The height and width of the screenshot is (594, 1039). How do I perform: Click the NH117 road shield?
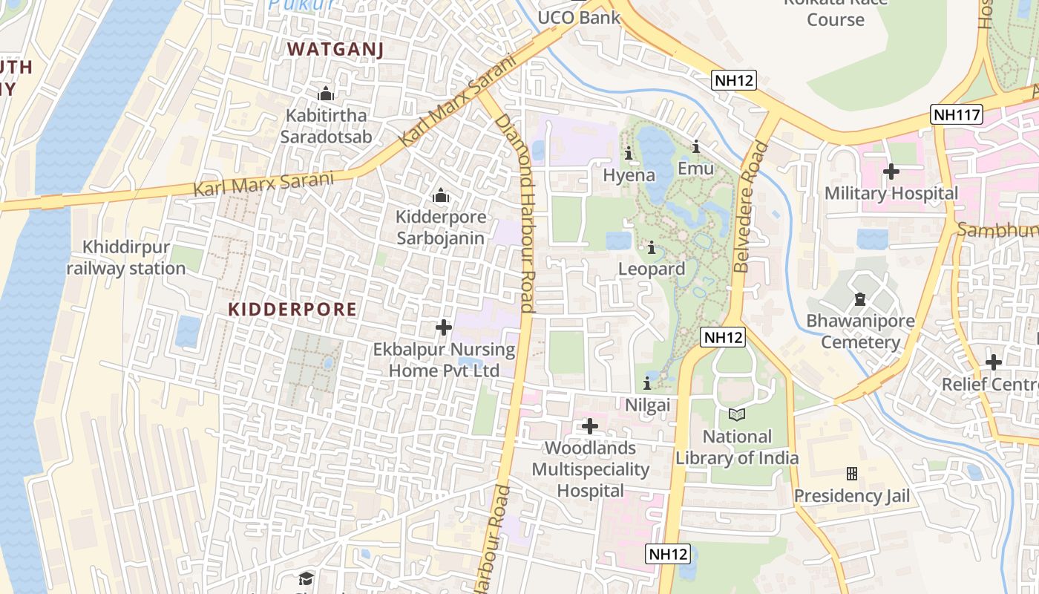[x=957, y=115]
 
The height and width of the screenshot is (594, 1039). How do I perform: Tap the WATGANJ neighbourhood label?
[x=335, y=50]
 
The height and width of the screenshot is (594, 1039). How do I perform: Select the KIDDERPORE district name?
[x=292, y=310]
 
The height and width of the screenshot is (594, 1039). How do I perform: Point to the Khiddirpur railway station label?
[x=126, y=258]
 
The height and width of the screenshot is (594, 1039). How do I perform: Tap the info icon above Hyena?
[x=629, y=154]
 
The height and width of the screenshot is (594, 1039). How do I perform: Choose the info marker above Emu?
[x=696, y=147]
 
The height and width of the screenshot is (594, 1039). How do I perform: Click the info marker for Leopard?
[x=652, y=248]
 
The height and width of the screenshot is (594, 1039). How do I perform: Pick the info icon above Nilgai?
[x=647, y=384]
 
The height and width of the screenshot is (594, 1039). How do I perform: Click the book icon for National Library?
[x=736, y=415]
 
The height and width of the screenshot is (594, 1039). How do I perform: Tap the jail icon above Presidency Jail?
[x=852, y=473]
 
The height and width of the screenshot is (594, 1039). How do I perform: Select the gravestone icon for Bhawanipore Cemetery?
[x=860, y=300]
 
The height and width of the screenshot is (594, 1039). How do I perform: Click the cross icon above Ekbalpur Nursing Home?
[x=444, y=327]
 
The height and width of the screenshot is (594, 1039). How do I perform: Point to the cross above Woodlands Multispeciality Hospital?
[x=590, y=426]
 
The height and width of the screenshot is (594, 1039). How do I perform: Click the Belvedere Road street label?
[x=750, y=207]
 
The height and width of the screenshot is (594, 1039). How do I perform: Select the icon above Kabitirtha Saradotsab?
[x=326, y=94]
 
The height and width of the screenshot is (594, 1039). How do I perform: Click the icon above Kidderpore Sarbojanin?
[x=441, y=196]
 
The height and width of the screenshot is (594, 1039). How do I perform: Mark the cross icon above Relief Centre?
[x=994, y=362]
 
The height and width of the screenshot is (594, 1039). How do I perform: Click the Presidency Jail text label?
[x=852, y=495]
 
